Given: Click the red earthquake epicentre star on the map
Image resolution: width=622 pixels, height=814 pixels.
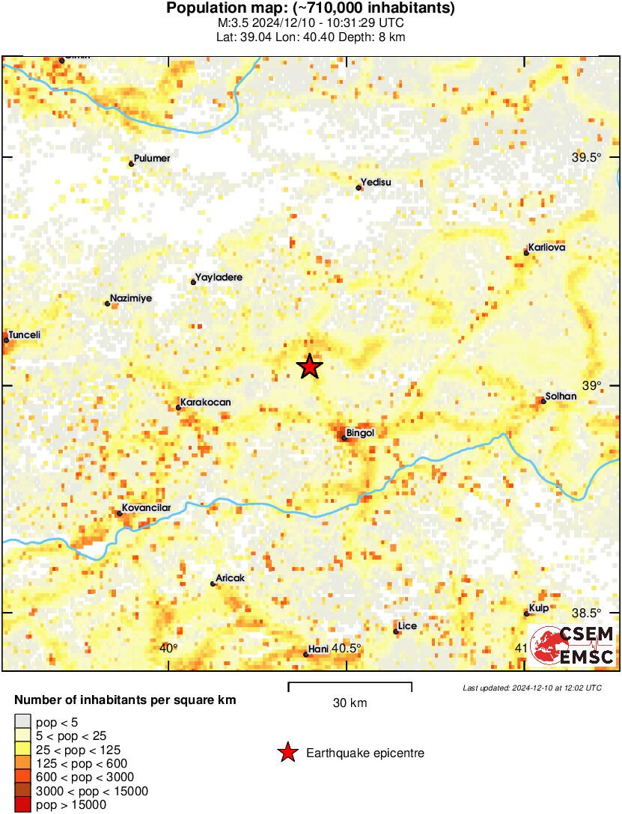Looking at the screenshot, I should [309, 367].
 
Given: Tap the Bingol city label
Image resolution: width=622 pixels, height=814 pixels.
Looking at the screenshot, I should [360, 432].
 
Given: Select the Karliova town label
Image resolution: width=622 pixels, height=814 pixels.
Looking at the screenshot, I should [546, 247].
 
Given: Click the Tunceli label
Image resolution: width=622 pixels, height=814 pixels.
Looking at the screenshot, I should [24, 335].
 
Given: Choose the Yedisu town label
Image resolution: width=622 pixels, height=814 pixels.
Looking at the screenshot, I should [376, 182].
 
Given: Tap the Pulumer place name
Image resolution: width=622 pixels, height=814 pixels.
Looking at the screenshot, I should [152, 159].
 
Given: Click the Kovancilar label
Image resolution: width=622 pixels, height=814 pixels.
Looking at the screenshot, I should [147, 508].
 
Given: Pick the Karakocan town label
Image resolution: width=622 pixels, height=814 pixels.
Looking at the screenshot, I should [206, 403].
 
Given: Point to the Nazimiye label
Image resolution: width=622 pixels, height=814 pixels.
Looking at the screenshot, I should [131, 299].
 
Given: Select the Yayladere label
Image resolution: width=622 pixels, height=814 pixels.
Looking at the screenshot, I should [219, 278].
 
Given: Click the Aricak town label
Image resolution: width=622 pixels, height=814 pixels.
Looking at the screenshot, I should [230, 578].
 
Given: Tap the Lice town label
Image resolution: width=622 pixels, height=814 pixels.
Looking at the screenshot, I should [408, 626].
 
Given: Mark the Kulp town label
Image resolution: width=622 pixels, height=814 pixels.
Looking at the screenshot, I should [539, 608].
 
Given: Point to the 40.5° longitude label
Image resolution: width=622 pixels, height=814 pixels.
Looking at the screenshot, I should [347, 649].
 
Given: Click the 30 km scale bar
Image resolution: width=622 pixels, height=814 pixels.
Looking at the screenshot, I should [350, 683].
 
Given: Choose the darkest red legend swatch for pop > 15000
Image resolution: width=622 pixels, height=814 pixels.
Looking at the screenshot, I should [23, 804].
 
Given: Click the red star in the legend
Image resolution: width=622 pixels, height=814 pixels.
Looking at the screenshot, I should [287, 753].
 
